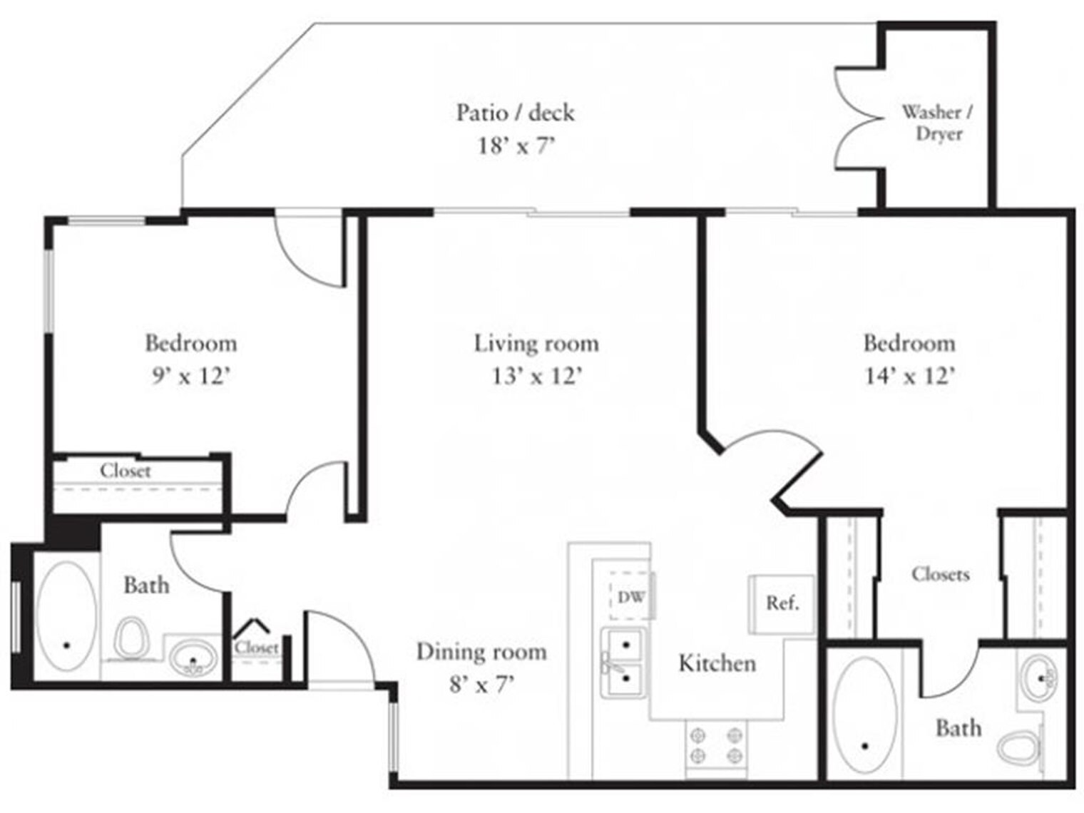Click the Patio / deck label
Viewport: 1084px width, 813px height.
515,113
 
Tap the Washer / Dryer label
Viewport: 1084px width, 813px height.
937,123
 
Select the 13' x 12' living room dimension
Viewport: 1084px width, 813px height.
536,375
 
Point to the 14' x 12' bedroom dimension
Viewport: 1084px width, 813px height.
909,375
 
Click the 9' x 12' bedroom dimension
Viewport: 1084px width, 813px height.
190,375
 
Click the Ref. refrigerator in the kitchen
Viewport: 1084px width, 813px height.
782,603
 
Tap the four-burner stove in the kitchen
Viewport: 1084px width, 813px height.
716,745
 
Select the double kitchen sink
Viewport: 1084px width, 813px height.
625,662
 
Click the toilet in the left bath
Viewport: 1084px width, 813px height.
131,637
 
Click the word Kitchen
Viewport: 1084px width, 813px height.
717,663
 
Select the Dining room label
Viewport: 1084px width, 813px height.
481,652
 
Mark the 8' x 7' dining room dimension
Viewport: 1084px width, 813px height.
481,685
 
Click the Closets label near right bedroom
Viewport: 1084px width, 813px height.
940,574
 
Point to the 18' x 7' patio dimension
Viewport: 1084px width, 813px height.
515,146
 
